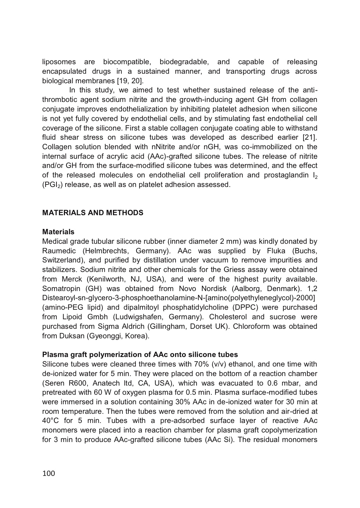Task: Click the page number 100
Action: tap(49, 473)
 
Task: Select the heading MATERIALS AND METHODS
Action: tap(93, 213)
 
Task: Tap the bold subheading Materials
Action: tap(58, 232)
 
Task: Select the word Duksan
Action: tap(72, 336)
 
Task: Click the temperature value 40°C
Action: tap(51, 421)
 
